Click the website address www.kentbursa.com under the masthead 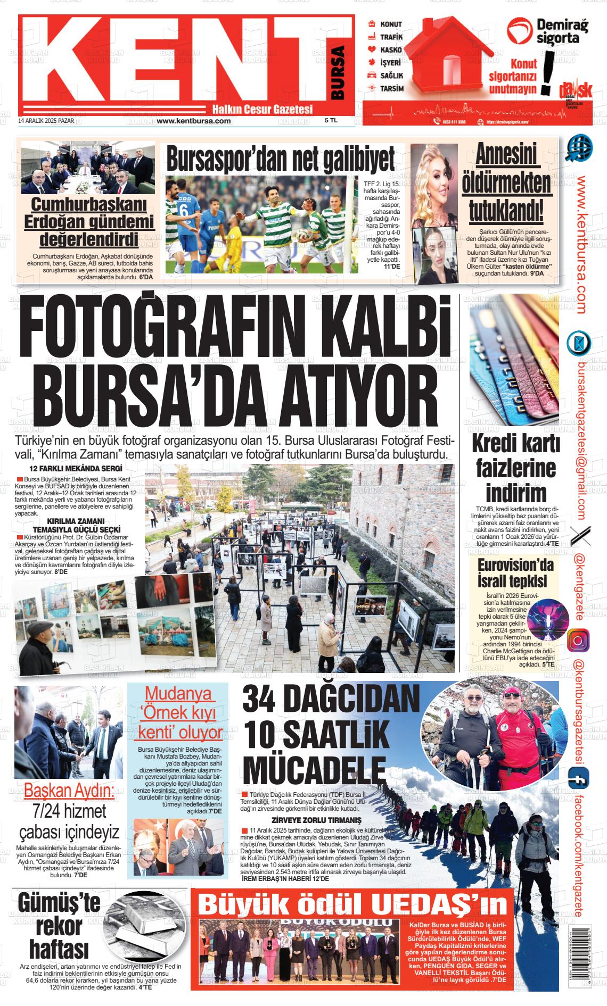pos(194,121)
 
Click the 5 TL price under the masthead pos(331,121)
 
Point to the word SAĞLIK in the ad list pos(391,76)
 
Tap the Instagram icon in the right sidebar pos(579,639)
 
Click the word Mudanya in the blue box pos(177,694)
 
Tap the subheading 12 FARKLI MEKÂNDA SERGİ pos(76,469)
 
